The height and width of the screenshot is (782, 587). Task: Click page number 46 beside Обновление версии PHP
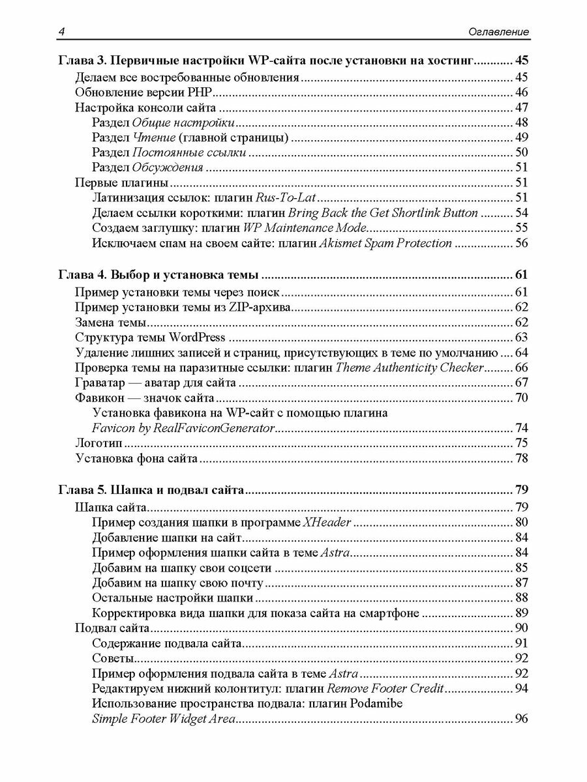pyautogui.click(x=521, y=93)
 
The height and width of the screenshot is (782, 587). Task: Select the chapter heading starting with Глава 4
pyautogui.click(x=159, y=274)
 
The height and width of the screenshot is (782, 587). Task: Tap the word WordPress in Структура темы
pyautogui.click(x=197, y=338)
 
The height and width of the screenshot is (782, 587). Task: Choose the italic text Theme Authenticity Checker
pyautogui.click(x=410, y=368)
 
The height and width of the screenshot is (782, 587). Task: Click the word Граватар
pyautogui.click(x=100, y=383)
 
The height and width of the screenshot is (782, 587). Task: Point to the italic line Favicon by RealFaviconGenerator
pyautogui.click(x=183, y=428)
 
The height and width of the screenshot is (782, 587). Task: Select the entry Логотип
pyautogui.click(x=100, y=444)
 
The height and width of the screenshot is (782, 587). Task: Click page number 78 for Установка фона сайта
pyautogui.click(x=521, y=459)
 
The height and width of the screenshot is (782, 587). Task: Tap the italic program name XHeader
pyautogui.click(x=328, y=522)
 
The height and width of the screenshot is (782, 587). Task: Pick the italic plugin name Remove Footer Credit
pyautogui.click(x=385, y=689)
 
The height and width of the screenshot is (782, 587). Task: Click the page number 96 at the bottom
pyautogui.click(x=521, y=719)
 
